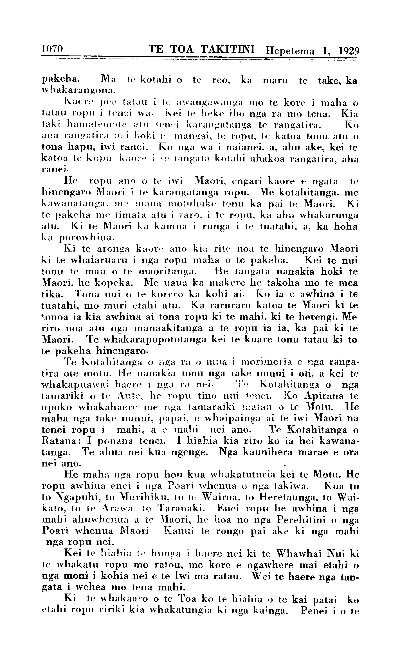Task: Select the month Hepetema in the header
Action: click(x=289, y=51)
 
